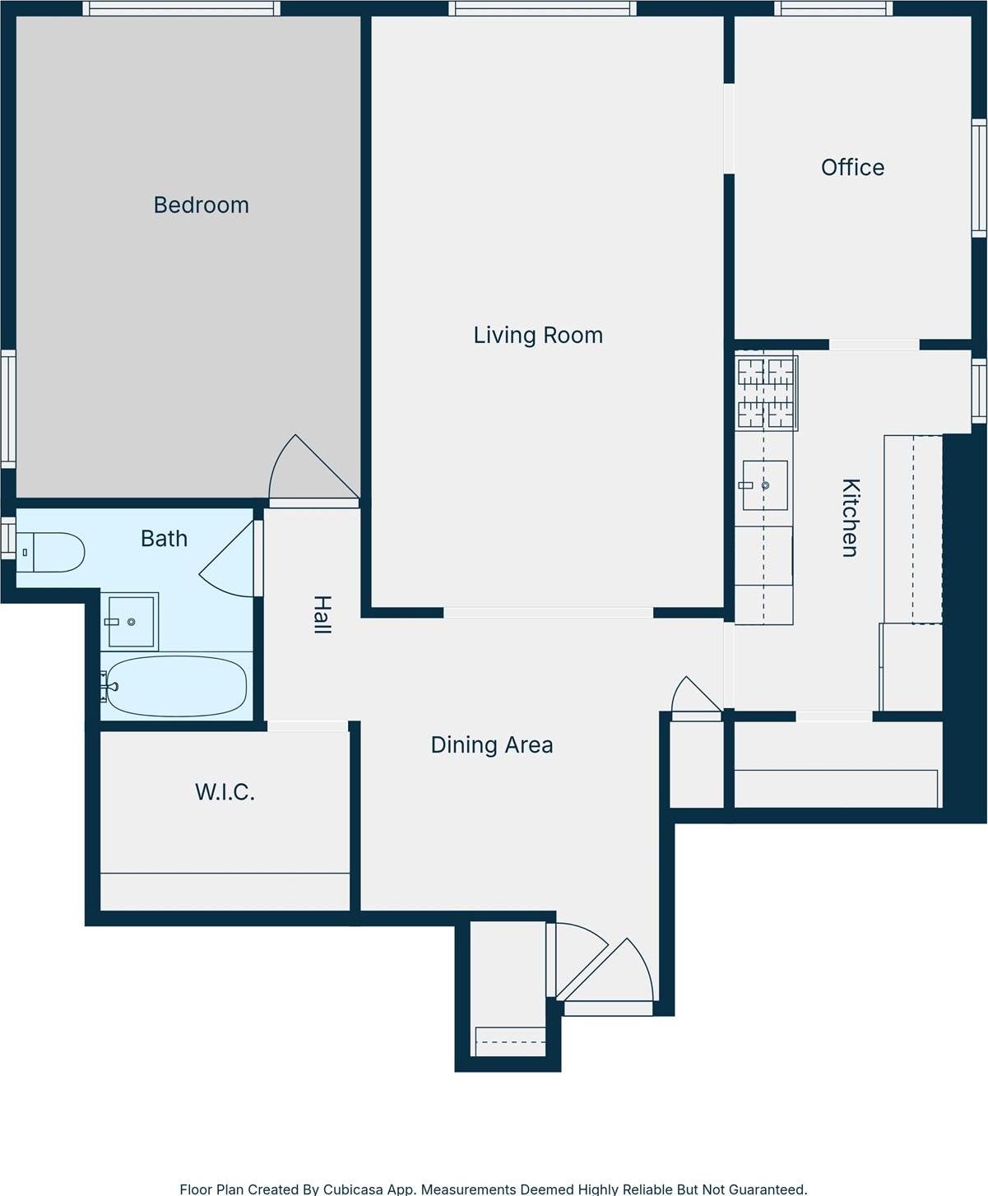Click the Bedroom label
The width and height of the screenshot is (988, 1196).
[201, 205]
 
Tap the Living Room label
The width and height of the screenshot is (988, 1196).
[538, 335]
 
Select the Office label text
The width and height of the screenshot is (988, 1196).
[852, 167]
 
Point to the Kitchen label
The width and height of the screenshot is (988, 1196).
[850, 517]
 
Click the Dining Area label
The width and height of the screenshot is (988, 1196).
[492, 744]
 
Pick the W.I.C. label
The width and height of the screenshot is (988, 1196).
[225, 792]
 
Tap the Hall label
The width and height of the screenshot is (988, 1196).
[322, 614]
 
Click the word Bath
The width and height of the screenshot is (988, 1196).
[164, 539]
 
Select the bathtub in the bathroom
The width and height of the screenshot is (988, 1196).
[176, 686]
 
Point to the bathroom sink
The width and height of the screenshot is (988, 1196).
[131, 621]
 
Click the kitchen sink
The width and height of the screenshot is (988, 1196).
[765, 485]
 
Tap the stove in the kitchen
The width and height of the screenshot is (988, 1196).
[766, 393]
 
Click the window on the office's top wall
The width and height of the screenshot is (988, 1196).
[833, 8]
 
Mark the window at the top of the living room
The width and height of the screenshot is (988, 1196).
[541, 8]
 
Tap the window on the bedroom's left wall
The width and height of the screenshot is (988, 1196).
[8, 409]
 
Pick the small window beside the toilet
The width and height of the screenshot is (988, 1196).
[7, 538]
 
